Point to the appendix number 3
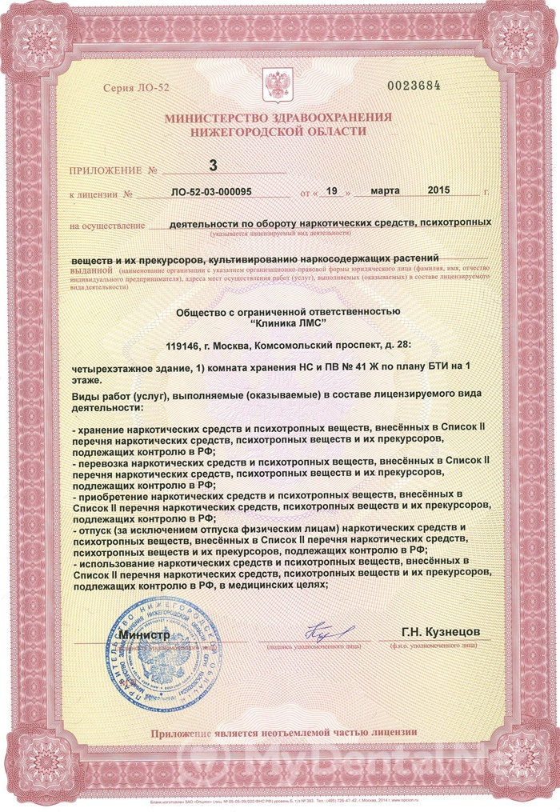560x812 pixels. (x=213, y=166)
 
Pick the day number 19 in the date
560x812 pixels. (x=334, y=191)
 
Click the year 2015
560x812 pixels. (x=439, y=191)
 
